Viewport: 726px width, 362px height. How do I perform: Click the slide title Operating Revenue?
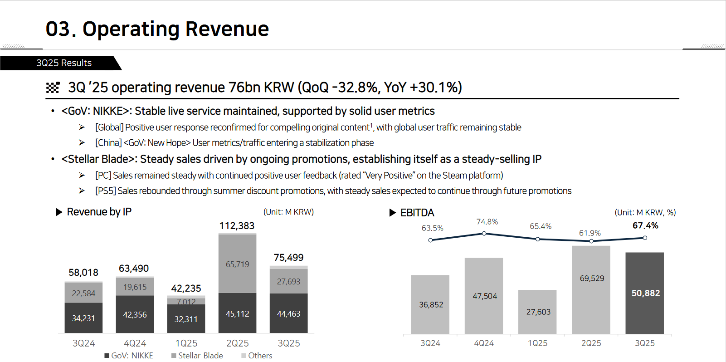[157, 29]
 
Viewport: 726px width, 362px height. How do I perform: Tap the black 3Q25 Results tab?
[64, 63]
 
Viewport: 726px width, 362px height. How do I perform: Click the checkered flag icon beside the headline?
[53, 88]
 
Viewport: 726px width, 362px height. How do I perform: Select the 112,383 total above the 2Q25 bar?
[237, 226]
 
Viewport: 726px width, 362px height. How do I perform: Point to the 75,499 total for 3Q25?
[288, 258]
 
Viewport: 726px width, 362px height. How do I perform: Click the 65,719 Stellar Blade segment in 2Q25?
[237, 264]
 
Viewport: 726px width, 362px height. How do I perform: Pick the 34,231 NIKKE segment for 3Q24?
[83, 318]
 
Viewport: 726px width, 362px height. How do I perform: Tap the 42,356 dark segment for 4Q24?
[135, 314]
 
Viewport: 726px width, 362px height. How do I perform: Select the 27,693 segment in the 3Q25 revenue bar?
[288, 282]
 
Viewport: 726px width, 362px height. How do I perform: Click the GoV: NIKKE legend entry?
[129, 356]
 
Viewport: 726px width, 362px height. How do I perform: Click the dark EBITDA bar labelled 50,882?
[645, 293]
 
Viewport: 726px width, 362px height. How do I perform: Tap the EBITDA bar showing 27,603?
[538, 312]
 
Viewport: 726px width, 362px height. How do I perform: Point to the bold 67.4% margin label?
[645, 225]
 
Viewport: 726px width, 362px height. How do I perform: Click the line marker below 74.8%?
[484, 234]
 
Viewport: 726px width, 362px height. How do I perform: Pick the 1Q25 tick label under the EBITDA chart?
[538, 343]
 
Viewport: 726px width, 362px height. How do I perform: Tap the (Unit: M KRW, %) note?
[645, 212]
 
